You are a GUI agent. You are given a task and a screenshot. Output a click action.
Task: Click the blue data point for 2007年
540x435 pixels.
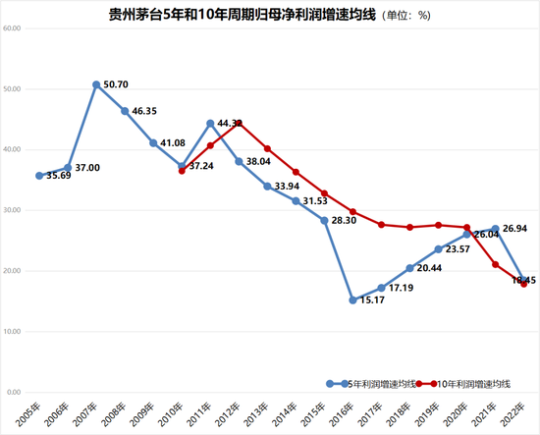point(96,84)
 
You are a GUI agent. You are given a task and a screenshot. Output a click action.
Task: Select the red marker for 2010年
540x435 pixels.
point(182,171)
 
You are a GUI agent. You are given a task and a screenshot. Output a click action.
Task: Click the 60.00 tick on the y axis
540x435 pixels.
point(12,27)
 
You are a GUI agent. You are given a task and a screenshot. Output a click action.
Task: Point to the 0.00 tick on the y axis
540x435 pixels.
point(14,392)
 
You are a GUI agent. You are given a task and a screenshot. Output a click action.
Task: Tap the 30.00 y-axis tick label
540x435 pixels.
point(12,210)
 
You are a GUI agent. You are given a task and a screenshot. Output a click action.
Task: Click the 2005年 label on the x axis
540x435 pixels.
point(29,412)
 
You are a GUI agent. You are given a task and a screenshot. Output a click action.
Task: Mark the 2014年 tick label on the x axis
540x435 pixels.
point(287,412)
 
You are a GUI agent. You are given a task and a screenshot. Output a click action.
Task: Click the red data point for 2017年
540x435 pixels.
point(381,225)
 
